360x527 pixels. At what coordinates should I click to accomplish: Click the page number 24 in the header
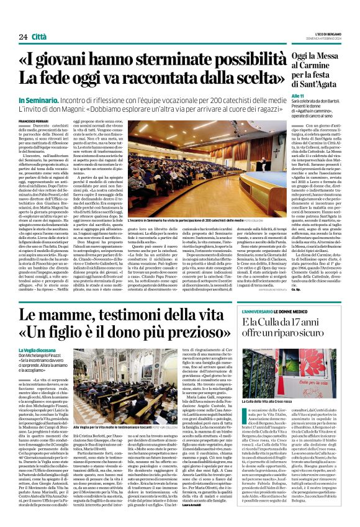point(23,37)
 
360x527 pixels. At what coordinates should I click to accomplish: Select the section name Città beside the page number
point(40,37)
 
